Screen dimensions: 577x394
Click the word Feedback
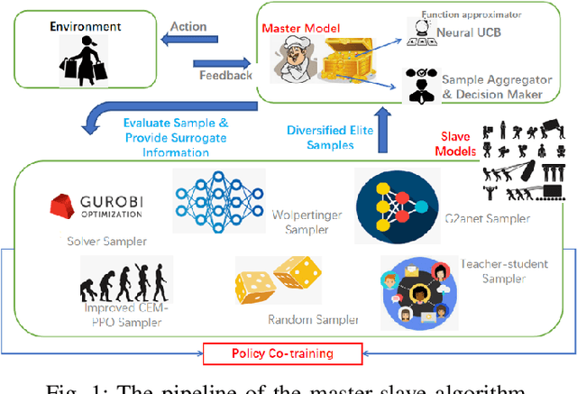[225, 75]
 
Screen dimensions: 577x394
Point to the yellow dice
[275, 279]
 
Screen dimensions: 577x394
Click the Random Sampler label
[313, 319]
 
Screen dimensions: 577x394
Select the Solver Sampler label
[93, 241]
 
